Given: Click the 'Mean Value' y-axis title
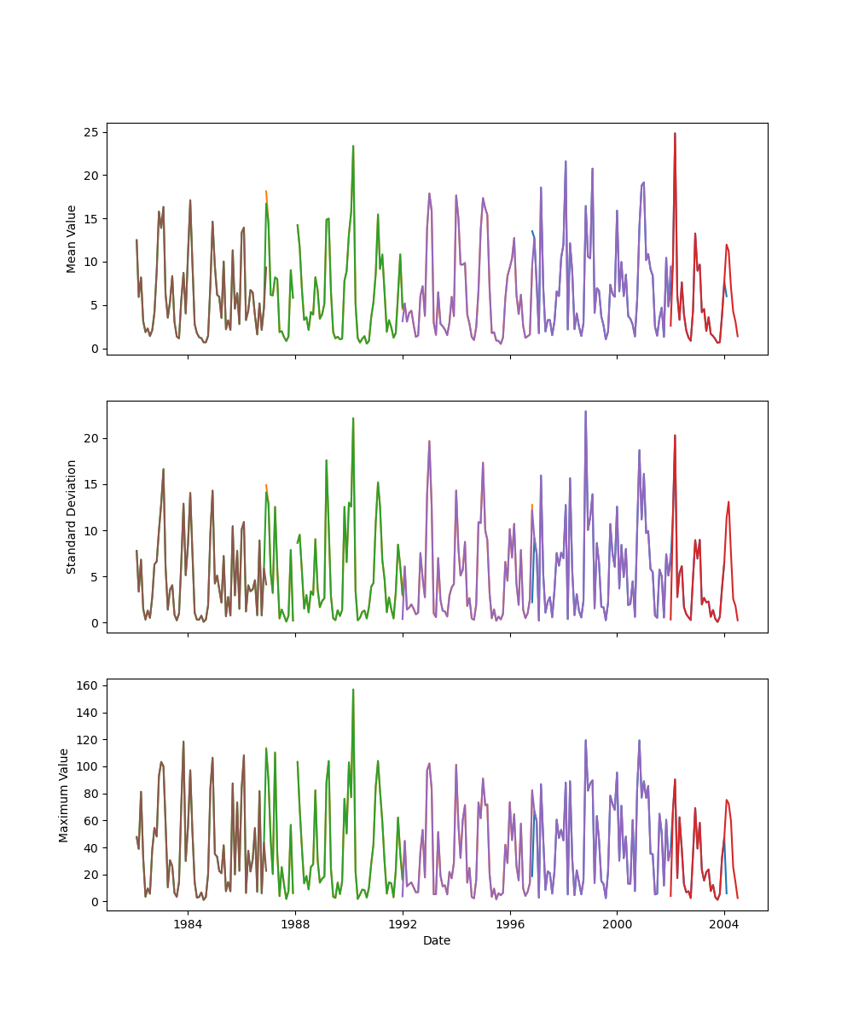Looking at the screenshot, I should pyautogui.click(x=72, y=239).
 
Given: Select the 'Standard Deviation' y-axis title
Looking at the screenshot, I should pyautogui.click(x=72, y=517).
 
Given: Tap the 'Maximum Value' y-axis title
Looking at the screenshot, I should pyautogui.click(x=64, y=795).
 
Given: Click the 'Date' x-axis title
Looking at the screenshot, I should pyautogui.click(x=437, y=941).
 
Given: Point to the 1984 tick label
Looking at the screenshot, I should pyautogui.click(x=188, y=924).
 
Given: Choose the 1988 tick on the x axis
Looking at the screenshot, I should pyautogui.click(x=295, y=924).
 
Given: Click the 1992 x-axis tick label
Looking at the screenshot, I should pyautogui.click(x=403, y=924).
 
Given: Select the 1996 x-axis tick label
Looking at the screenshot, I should pyautogui.click(x=510, y=924).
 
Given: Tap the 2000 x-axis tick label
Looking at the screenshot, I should pyautogui.click(x=617, y=924).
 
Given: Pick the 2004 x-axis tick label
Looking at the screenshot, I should pyautogui.click(x=724, y=924).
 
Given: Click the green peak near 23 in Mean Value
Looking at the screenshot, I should pyautogui.click(x=353, y=146).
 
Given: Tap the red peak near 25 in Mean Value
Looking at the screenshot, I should pyautogui.click(x=675, y=133).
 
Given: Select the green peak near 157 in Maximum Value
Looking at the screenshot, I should pyautogui.click(x=353, y=690).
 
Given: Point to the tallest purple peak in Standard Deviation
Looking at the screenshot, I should pyautogui.click(x=585, y=411).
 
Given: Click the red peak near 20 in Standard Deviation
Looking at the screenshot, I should pyautogui.click(x=675, y=436).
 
